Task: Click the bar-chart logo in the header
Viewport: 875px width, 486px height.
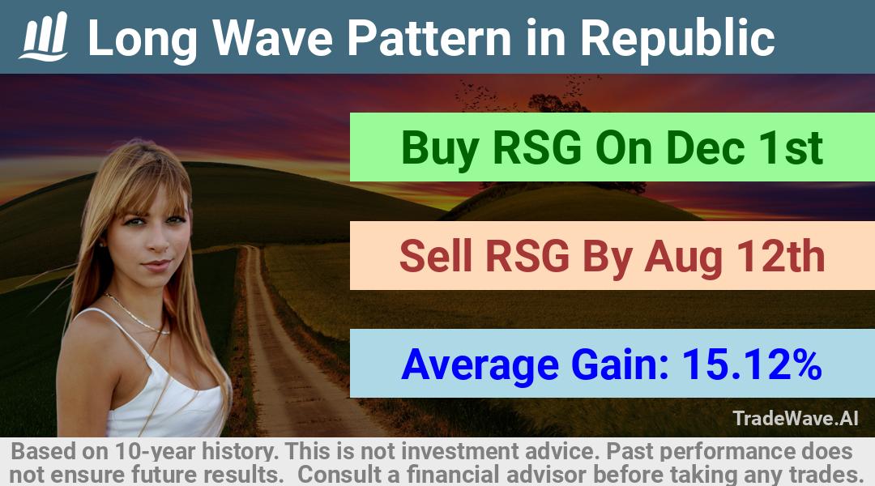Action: click(x=44, y=36)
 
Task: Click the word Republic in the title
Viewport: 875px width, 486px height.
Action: click(x=677, y=39)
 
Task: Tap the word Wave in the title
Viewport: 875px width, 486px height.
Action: click(x=274, y=38)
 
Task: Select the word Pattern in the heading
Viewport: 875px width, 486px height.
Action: click(x=429, y=38)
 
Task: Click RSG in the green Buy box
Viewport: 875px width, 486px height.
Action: click(x=537, y=148)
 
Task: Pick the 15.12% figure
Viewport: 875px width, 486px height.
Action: click(x=752, y=364)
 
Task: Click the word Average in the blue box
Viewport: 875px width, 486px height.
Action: click(x=480, y=365)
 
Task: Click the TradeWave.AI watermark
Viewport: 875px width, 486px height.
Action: click(x=796, y=418)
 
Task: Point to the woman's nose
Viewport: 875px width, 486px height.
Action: click(x=158, y=241)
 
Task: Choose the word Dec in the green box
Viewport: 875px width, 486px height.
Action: click(x=704, y=148)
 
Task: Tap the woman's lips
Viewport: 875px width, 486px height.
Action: click(x=157, y=264)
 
